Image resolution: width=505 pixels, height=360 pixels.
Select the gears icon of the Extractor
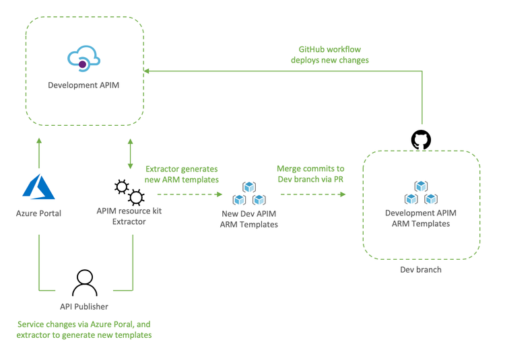pos(129,192)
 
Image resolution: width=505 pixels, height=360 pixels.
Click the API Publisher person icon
pos(85,283)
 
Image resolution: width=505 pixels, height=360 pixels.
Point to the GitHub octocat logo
pos(421,140)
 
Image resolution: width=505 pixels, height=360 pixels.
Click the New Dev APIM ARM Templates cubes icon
pos(249,194)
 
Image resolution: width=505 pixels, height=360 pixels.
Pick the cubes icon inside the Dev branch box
pos(421,192)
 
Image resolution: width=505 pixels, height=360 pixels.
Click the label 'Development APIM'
pos(83,85)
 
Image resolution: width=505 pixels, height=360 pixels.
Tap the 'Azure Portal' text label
pos(39,213)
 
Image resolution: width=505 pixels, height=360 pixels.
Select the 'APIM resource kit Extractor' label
pos(129,216)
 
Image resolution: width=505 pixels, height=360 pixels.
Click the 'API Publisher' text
pos(85,306)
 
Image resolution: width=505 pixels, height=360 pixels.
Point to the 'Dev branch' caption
pos(421,270)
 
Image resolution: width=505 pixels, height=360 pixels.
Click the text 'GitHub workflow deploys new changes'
pos(330,55)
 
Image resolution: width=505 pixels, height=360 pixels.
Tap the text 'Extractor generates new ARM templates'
pos(182,174)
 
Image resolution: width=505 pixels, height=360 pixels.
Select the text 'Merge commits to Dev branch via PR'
pos(310,174)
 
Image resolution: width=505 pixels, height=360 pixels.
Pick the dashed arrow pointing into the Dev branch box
pos(312,194)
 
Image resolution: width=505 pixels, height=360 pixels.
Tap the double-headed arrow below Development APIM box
pos(129,154)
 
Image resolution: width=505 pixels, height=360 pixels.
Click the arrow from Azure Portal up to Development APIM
pos(39,153)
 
